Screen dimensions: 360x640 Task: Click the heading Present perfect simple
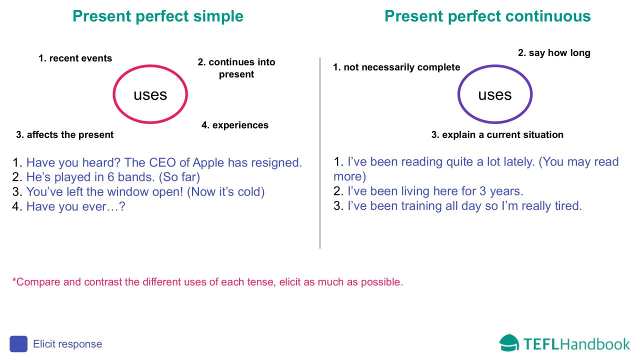[158, 16]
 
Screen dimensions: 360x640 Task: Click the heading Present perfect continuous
[487, 16]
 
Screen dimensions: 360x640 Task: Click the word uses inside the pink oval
[150, 94]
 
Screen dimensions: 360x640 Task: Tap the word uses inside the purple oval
[494, 94]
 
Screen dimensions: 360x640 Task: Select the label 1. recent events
[75, 58]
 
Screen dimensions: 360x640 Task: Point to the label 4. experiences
[235, 125]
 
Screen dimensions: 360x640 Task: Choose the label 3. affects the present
[65, 135]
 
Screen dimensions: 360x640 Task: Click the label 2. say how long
[554, 53]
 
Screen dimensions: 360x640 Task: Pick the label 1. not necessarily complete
[396, 67]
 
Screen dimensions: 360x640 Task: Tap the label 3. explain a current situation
[497, 135]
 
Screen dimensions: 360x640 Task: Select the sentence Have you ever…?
[75, 206]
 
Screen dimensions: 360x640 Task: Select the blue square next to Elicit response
[18, 344]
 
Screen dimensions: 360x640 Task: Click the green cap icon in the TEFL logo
[509, 343]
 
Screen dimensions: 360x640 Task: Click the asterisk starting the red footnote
[14, 280]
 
